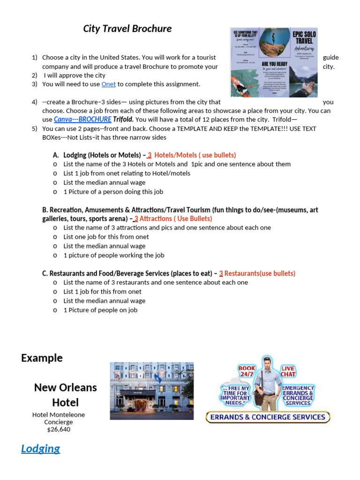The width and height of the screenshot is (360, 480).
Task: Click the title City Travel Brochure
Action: pos(127,29)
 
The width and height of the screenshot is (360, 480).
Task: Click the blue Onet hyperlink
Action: pos(108,84)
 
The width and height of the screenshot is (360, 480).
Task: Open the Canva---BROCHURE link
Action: pos(82,120)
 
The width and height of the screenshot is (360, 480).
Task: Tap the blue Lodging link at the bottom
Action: pos(40,449)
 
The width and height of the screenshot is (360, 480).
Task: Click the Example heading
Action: pos(42,358)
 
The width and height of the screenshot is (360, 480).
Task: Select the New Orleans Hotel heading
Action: pos(65,395)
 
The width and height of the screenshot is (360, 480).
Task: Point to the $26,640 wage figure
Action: pos(59,429)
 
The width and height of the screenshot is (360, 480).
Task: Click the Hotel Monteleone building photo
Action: pos(151,390)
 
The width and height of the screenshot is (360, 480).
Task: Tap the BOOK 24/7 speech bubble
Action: pos(247,372)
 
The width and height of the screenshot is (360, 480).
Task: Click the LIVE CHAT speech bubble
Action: pos(288,372)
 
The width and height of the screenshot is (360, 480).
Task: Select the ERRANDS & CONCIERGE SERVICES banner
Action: pos(268,417)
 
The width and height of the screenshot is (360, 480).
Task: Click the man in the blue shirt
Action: pos(267,382)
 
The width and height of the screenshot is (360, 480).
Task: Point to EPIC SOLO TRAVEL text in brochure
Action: pos(304,38)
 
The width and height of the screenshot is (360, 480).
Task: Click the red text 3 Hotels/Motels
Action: pos(191,155)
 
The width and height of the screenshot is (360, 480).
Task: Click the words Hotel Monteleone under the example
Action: pos(59,415)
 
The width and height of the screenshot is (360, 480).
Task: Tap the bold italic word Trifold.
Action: pos(123,120)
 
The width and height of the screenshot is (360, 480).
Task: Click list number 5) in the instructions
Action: pos(34,128)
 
